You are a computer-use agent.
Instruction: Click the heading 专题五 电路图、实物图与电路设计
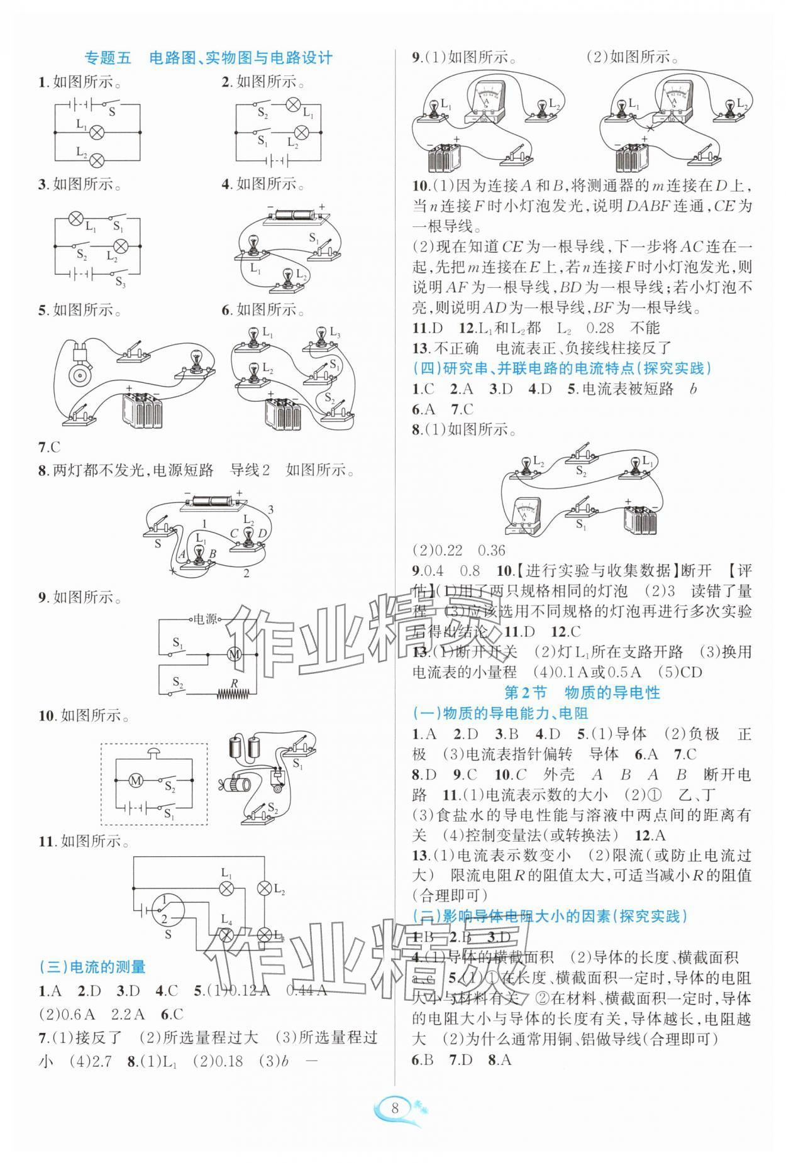point(208,58)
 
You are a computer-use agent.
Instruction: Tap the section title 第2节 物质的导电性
point(582,693)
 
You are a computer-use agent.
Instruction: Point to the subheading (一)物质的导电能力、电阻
point(500,713)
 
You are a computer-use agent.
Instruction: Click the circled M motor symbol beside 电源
point(234,654)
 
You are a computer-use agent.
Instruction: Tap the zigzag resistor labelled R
point(234,694)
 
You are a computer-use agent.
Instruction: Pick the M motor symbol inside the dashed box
point(136,781)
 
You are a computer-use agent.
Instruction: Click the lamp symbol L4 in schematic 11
point(226,935)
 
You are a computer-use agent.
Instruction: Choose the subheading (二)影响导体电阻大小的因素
point(549,916)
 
